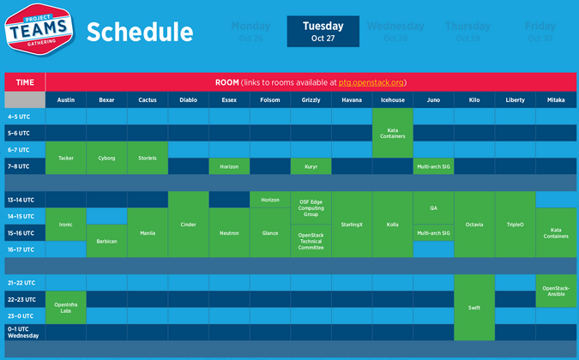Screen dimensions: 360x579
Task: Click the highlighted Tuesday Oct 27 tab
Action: [x=323, y=32]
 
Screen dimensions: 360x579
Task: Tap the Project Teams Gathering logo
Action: [x=38, y=32]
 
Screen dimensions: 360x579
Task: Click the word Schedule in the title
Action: [x=139, y=33]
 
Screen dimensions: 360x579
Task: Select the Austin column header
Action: [x=66, y=99]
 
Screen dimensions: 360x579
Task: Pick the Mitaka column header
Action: [x=556, y=99]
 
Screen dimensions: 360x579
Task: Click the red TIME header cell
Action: [x=25, y=82]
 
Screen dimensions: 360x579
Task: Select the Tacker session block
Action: [x=66, y=158]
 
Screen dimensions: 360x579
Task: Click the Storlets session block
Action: [x=148, y=158]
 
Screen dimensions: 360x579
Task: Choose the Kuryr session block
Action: [x=311, y=166]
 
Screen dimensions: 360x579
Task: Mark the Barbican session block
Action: [x=106, y=241]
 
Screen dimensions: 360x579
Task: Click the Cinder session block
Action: [x=189, y=225]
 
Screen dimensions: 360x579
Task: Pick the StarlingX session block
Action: [x=352, y=225]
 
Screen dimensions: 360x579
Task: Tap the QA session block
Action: [x=433, y=207]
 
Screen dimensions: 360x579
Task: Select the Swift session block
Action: [x=474, y=307]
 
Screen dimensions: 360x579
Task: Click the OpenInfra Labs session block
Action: [x=66, y=307]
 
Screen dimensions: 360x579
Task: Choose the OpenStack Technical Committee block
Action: [x=311, y=241]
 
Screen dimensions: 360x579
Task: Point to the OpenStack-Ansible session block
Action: [x=556, y=291]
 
